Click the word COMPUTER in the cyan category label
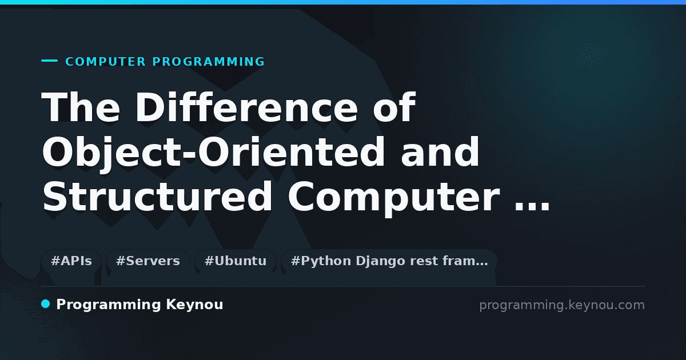[x=106, y=62]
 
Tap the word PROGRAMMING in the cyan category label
[x=208, y=62]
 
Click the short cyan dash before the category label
[x=49, y=61]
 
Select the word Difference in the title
[x=247, y=107]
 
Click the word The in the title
[x=81, y=107]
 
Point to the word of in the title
[x=394, y=107]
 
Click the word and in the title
[x=440, y=152]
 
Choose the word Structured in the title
[x=157, y=197]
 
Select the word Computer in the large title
[x=394, y=198]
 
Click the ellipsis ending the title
[x=532, y=207]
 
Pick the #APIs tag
[x=71, y=261]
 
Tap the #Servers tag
[x=148, y=261]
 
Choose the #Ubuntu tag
[x=236, y=261]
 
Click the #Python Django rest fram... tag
[x=389, y=261]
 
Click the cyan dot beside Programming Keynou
[x=46, y=304]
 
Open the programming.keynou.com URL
[x=562, y=305]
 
